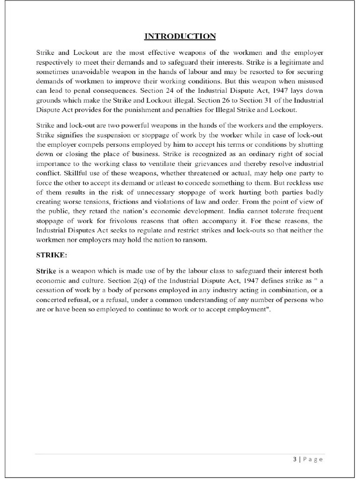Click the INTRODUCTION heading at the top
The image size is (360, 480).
click(x=180, y=36)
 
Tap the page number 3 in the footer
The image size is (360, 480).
click(x=294, y=459)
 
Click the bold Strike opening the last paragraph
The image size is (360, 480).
click(x=46, y=271)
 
